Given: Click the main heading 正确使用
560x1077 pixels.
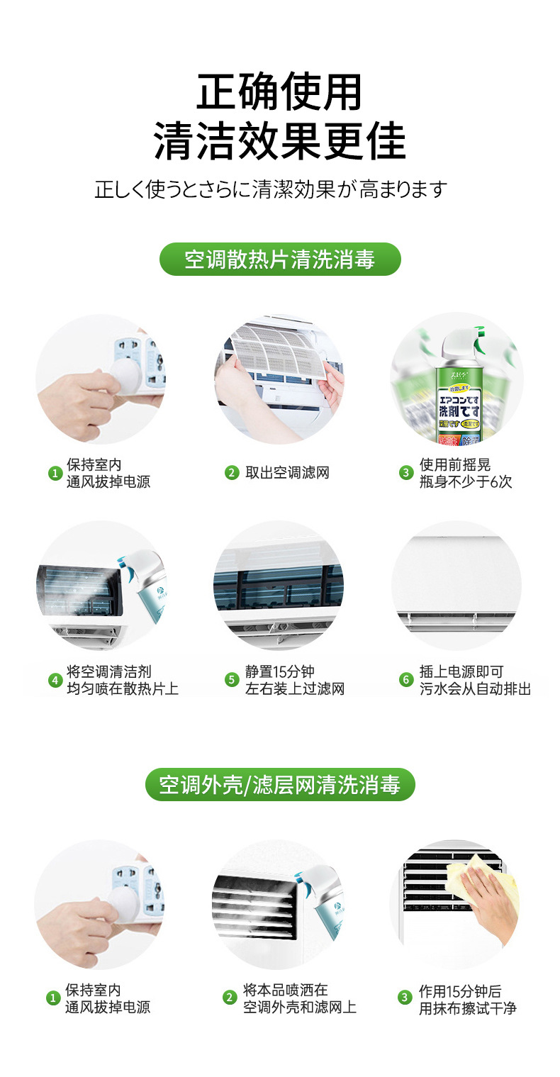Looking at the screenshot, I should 279,91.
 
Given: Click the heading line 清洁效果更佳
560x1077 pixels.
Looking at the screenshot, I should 279,141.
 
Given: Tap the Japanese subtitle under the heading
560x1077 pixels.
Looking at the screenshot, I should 271,189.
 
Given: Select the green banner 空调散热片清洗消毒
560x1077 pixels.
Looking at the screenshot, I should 279,260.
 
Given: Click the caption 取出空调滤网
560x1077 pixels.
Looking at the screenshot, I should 287,473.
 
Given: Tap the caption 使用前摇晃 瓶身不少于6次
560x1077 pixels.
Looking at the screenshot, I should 465,473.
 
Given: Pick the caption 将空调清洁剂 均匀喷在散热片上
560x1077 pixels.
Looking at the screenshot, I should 122,680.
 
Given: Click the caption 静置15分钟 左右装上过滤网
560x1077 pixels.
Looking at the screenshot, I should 294,680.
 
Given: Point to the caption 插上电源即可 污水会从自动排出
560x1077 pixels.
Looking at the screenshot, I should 474,680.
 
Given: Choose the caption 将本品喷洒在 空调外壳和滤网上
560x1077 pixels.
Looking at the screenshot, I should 299,998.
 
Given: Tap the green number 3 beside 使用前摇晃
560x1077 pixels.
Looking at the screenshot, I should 405,473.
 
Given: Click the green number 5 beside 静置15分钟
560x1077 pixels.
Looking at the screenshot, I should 231,680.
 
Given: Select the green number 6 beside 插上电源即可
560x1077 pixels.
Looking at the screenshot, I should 405,680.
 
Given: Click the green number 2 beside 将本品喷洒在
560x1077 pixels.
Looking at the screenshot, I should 229,998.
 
